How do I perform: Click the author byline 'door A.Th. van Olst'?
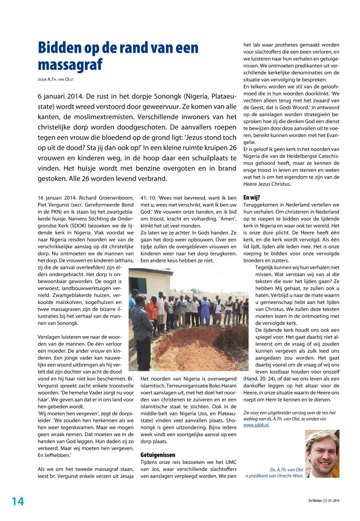pos(56,80)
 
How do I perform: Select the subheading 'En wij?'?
pos(252,198)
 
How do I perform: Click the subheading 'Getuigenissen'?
pos(158,454)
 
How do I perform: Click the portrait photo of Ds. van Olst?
pos(322,453)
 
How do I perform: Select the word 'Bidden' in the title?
pos(62,48)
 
